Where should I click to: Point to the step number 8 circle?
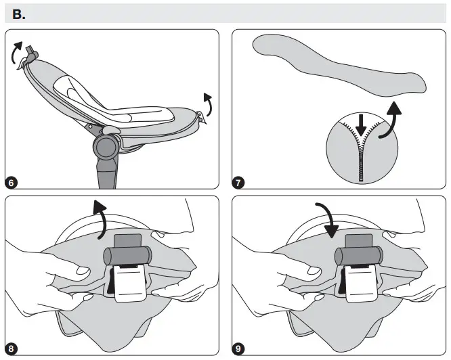point(12,349)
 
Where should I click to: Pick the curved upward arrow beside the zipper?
point(389,122)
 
